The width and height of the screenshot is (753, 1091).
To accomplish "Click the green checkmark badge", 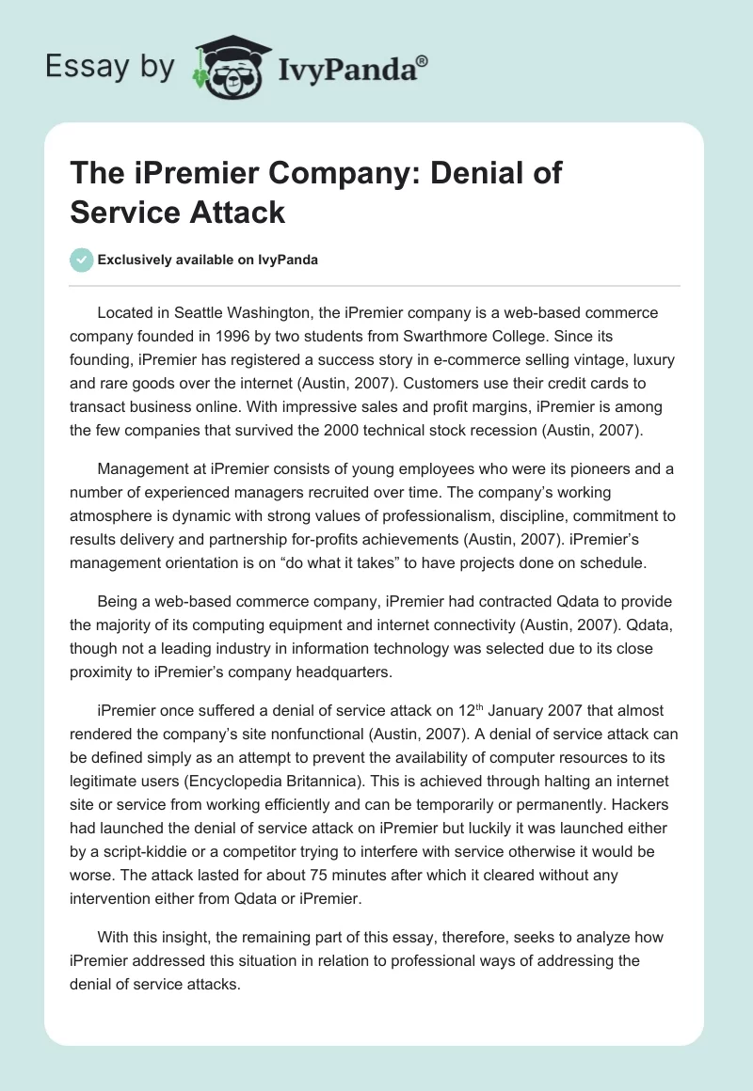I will tap(81, 260).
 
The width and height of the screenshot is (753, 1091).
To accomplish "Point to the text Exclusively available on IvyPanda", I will tap(208, 261).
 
